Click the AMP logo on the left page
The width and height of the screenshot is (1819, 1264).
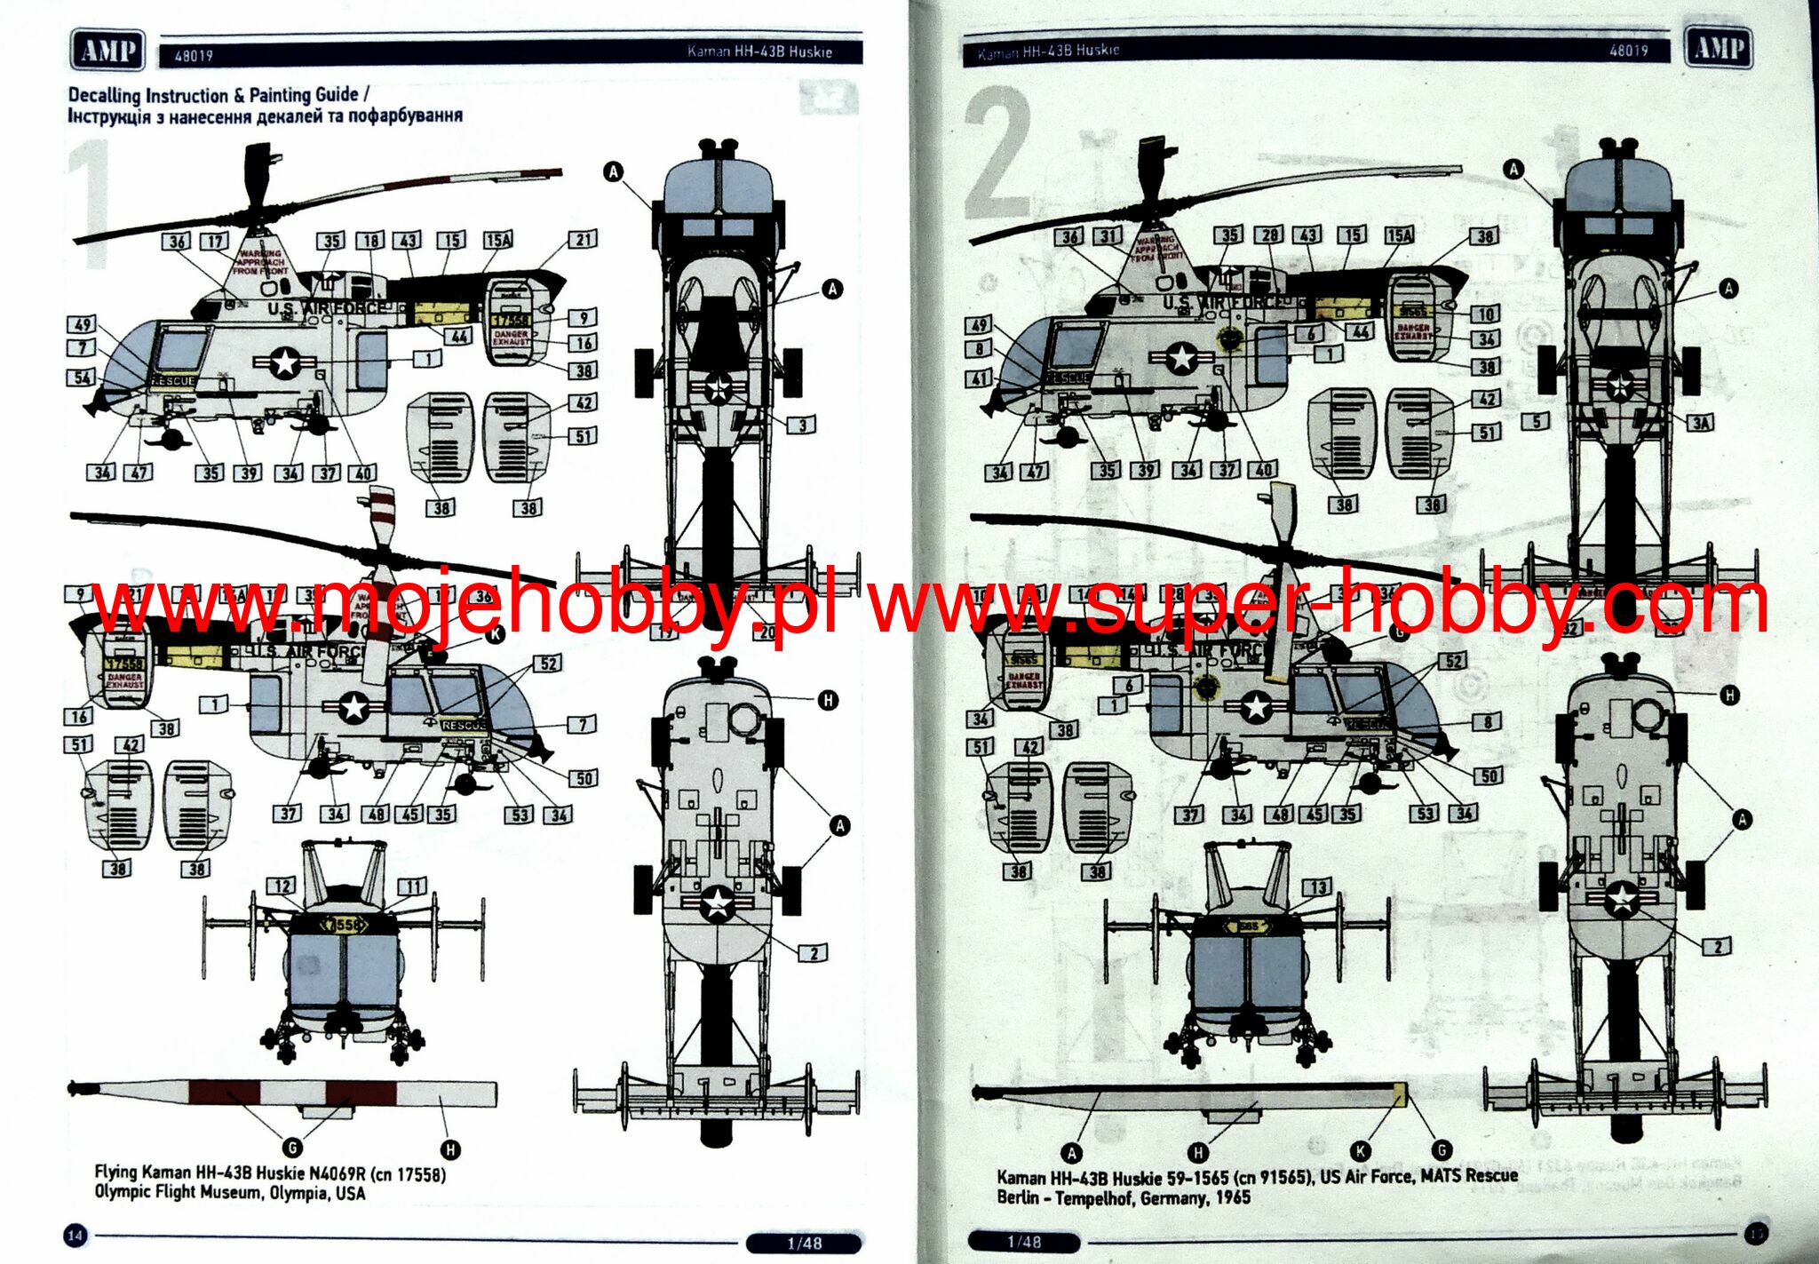tap(107, 50)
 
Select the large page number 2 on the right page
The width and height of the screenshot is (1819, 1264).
tap(999, 153)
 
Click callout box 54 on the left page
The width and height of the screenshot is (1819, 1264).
tap(82, 378)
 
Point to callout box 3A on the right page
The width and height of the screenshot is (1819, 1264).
tap(1699, 422)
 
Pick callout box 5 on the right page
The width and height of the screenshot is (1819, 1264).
tap(1537, 422)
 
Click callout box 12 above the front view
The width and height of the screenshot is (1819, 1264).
tap(282, 886)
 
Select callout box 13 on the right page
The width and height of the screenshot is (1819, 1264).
tap(1317, 886)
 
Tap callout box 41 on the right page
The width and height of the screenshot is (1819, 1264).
tap(980, 378)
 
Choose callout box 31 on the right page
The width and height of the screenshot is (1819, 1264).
tap(1109, 235)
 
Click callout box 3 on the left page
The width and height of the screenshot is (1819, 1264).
tap(802, 425)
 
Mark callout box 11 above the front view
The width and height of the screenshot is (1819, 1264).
tap(413, 886)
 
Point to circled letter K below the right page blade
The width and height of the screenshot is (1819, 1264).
tap(1360, 1151)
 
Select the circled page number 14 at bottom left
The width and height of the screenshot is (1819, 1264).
tap(75, 1234)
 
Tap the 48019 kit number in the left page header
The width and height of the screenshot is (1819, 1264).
tap(194, 56)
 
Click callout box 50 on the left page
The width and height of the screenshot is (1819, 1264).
tap(584, 778)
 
